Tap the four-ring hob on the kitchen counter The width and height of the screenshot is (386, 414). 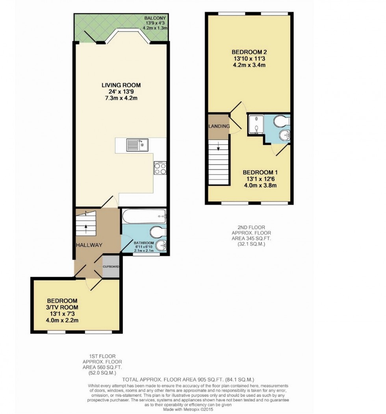click(160, 168)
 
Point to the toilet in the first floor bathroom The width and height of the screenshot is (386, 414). click(158, 232)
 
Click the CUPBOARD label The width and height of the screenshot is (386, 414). click(111, 266)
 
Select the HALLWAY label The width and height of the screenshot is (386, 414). click(89, 245)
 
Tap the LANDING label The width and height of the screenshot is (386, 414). click(219, 126)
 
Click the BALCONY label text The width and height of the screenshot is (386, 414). click(154, 18)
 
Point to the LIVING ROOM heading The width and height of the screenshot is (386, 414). click(121, 85)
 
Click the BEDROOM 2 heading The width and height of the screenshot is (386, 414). click(249, 52)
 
